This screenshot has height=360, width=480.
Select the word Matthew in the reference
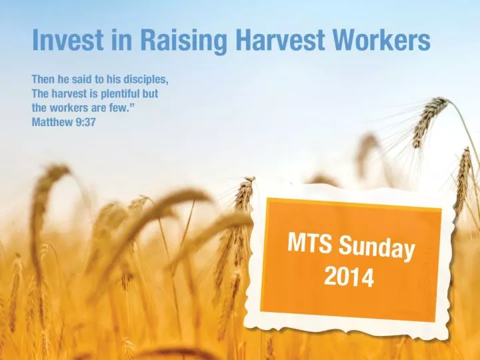[55, 123]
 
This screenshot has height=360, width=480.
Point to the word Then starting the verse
[45, 81]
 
